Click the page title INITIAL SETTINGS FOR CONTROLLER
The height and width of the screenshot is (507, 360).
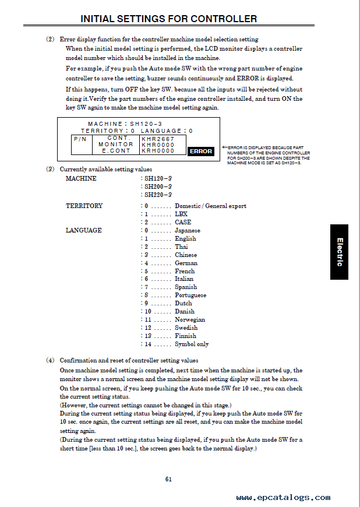click(168, 19)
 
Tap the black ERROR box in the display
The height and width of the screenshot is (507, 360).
click(201, 152)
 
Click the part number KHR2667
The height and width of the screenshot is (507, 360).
click(158, 139)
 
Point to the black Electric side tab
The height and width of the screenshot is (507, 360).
click(339, 252)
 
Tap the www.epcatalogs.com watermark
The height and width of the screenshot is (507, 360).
click(283, 498)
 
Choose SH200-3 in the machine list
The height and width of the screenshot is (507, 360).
click(158, 186)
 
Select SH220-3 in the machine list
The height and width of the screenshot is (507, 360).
click(158, 195)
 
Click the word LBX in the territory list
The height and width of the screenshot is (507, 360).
click(181, 214)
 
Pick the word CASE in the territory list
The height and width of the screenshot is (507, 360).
click(183, 222)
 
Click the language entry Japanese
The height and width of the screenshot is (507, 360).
click(187, 230)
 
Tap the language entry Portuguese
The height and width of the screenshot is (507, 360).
click(190, 295)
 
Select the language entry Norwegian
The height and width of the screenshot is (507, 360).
click(190, 320)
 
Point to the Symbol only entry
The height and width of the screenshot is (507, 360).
click(192, 344)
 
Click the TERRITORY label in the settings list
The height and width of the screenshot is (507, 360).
click(84, 206)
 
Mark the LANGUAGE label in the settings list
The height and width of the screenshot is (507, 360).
click(83, 230)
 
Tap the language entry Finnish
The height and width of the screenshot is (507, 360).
click(186, 336)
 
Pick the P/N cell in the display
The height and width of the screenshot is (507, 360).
click(80, 139)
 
